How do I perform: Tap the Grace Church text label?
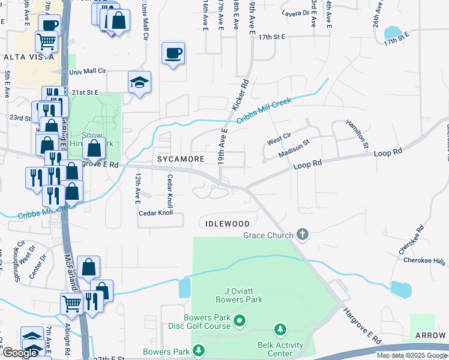268,235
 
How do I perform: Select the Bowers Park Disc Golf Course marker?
240,320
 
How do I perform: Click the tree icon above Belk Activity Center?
280,329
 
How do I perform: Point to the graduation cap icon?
139,82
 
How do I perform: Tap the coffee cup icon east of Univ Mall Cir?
173,53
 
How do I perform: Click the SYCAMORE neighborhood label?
177,159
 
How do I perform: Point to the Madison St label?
294,149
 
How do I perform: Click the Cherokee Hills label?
424,260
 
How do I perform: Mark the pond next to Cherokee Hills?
400,289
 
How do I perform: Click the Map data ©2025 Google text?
411,355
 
